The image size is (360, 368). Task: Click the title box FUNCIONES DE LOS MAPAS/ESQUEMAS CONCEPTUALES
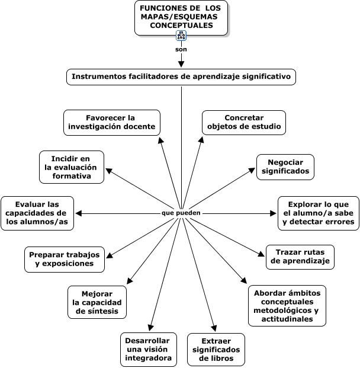pos(181,17)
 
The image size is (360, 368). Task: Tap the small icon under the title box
pos(181,36)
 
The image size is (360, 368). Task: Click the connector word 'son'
pos(181,49)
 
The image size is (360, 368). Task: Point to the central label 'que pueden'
pos(181,213)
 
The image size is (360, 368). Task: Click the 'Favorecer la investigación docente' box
pos(111,122)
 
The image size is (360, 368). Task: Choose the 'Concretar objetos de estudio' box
pos(244,122)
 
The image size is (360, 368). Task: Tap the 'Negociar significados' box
pos(285,167)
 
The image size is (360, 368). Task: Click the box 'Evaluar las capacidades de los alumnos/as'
pos(37,213)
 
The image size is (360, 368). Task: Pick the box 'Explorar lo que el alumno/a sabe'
pos(319,213)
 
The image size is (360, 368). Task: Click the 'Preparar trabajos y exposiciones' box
pos(65,258)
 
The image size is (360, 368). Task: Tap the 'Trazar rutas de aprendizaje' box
pos(300,256)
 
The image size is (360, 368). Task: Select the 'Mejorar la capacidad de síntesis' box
pos(97,302)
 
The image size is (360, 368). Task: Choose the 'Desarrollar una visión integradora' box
pos(148,349)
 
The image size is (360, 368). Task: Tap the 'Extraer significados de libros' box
pos(216,349)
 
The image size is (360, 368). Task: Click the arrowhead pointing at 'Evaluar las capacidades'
pos(78,213)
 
